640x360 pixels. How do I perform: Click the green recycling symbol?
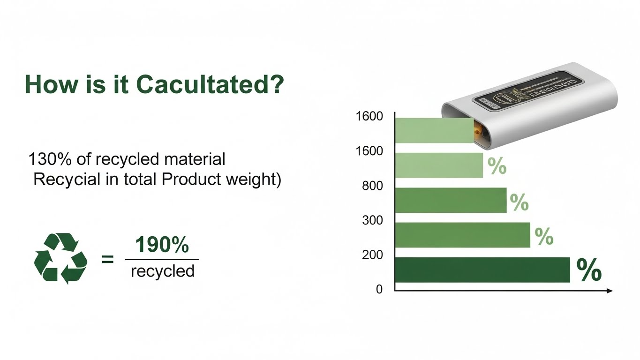point(61,258)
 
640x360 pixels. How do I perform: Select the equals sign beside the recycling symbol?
point(108,258)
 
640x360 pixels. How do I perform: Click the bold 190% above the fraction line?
point(162,245)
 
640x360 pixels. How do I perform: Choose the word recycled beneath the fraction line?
point(162,271)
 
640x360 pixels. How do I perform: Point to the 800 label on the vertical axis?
point(373,186)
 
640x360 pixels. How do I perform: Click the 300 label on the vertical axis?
point(373,220)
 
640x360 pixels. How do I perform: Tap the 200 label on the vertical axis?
point(373,255)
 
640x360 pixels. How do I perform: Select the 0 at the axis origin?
point(379,290)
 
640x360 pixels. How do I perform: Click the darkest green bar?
point(482,270)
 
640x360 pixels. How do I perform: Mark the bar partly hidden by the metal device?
point(434,130)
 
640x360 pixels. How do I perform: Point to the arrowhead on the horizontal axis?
point(610,291)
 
